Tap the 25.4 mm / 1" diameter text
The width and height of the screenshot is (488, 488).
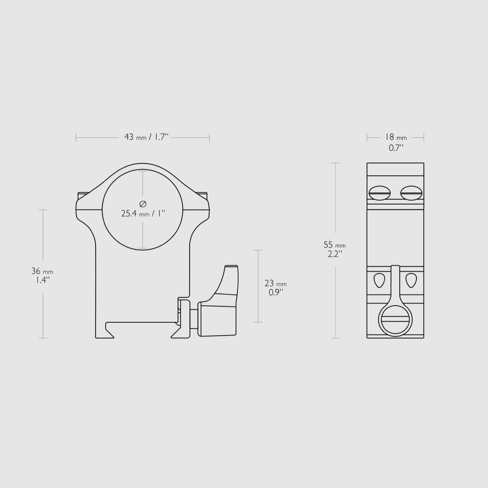(x=143, y=213)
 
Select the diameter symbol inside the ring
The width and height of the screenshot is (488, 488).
(x=143, y=204)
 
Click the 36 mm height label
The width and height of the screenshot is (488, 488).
(x=42, y=271)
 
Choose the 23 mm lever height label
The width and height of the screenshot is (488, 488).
(x=275, y=284)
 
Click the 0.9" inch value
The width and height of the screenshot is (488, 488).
(x=276, y=292)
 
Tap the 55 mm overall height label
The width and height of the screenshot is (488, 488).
(x=335, y=245)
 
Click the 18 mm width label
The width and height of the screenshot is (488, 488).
(x=396, y=137)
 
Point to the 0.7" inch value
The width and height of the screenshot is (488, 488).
(x=396, y=148)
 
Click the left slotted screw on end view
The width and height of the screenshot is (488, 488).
(x=380, y=193)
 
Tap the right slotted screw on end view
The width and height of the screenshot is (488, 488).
(x=411, y=193)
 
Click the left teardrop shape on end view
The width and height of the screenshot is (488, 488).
(x=379, y=280)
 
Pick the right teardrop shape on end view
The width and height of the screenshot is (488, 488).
(x=411, y=280)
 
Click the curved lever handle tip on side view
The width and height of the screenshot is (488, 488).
(x=231, y=270)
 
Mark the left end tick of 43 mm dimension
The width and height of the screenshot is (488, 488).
(x=76, y=138)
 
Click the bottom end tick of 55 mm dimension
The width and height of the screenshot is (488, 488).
(x=335, y=338)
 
